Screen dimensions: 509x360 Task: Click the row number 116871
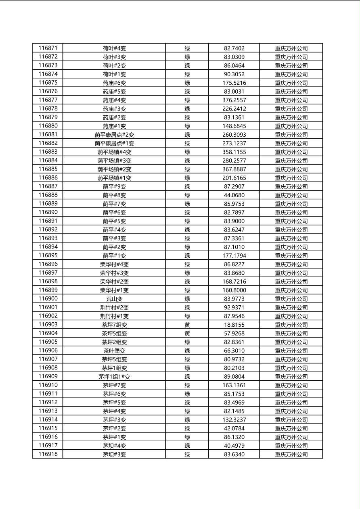click(48, 48)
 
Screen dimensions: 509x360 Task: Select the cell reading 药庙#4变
click(114, 100)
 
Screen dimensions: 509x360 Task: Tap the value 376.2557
click(234, 100)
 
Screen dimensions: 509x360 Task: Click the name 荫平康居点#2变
click(114, 135)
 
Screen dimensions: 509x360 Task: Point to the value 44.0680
click(234, 195)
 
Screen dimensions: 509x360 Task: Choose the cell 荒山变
click(114, 299)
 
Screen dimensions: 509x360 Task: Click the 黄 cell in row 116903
click(187, 325)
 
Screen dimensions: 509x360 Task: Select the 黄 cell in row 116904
click(187, 334)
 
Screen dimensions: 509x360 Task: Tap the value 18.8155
click(234, 325)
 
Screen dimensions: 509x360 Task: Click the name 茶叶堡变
click(114, 351)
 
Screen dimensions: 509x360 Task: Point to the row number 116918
click(48, 455)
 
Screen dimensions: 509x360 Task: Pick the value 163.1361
click(234, 385)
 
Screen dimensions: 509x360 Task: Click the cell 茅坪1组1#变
click(114, 377)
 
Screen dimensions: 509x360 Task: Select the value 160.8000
click(234, 290)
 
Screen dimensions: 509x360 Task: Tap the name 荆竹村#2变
click(114, 308)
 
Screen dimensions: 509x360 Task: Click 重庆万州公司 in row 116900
click(291, 299)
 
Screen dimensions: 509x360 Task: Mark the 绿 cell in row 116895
click(187, 256)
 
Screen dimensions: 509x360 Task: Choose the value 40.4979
click(234, 446)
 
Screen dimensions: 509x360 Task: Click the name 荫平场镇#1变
click(114, 178)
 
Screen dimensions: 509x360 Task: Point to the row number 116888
click(48, 195)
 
